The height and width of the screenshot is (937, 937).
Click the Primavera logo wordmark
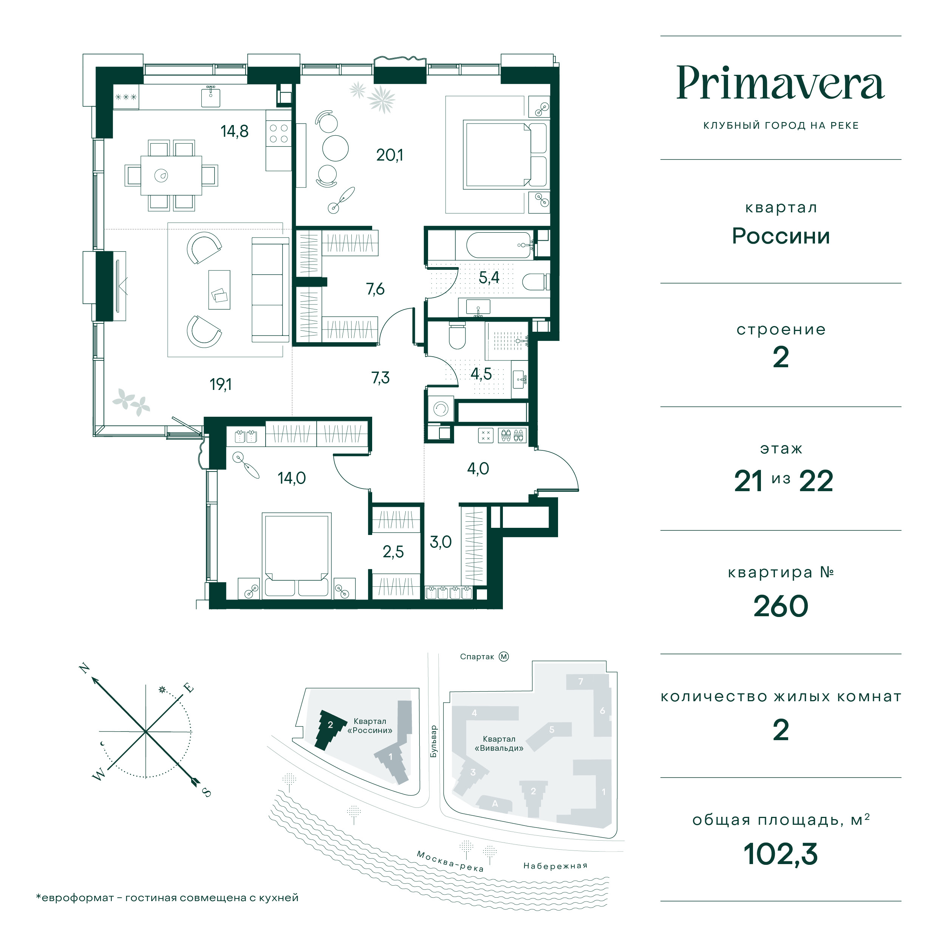tap(780, 83)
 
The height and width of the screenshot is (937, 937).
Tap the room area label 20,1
tap(390, 155)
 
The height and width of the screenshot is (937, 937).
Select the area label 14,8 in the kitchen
tap(235, 131)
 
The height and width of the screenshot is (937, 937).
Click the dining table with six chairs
tap(171, 175)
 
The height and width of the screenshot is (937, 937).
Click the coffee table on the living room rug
tap(219, 289)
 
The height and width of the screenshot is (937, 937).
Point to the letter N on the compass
tap(85, 668)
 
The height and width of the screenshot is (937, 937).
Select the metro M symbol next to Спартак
tap(504, 657)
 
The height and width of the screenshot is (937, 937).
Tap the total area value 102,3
tap(780, 854)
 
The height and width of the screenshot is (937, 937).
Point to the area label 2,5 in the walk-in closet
tap(393, 552)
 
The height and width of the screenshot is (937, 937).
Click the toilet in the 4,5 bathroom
tap(457, 335)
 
